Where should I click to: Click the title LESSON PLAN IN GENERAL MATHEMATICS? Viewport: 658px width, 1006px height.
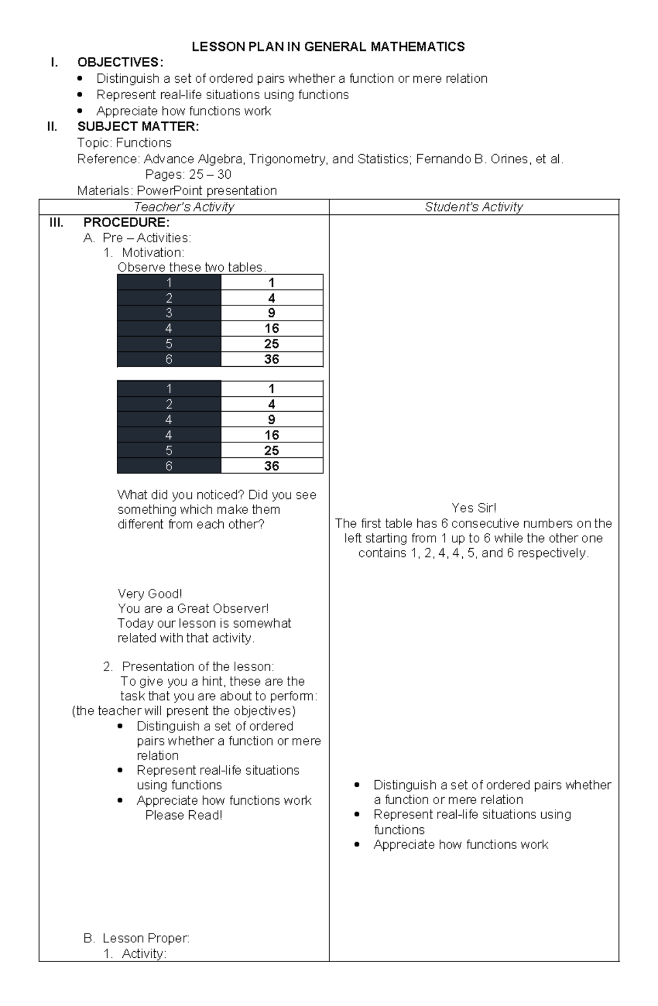(x=328, y=47)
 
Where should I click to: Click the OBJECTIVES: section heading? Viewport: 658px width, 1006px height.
(x=120, y=62)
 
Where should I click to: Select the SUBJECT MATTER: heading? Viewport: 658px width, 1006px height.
(x=138, y=127)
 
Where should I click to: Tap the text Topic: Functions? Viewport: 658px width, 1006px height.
(x=124, y=143)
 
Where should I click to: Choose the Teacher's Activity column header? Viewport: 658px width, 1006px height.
(x=184, y=207)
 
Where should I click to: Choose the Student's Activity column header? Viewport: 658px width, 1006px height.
(x=474, y=207)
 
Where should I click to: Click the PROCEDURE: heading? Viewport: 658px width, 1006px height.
(x=126, y=223)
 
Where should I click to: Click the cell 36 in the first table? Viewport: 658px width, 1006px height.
(x=271, y=359)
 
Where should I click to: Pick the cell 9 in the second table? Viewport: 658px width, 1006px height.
(x=271, y=419)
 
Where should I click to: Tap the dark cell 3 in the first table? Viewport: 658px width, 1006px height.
(x=169, y=313)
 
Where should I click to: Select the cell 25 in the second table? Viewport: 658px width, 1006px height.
(x=271, y=450)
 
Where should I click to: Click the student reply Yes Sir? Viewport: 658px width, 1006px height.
(x=474, y=508)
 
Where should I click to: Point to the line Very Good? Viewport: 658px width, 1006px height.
(x=150, y=594)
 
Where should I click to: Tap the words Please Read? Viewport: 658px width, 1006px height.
(x=184, y=815)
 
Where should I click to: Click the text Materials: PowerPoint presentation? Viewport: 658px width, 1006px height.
(x=177, y=191)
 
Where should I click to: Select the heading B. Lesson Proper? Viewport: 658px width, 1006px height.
(x=137, y=938)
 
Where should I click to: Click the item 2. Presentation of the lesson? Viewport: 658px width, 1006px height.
(x=189, y=667)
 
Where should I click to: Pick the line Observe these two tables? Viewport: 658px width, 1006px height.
(x=192, y=268)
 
